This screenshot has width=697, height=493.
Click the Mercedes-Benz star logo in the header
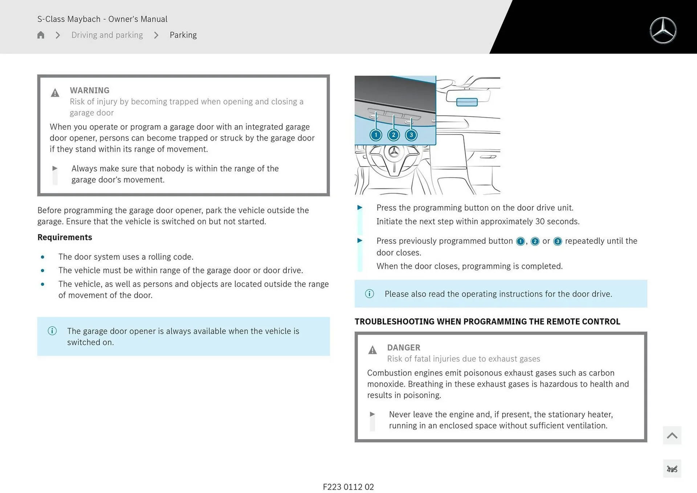pyautogui.click(x=663, y=30)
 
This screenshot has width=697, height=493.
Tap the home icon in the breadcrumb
pyautogui.click(x=41, y=35)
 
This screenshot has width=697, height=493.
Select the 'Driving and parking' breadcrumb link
pyautogui.click(x=107, y=35)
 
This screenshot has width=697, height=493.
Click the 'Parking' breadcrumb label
pyautogui.click(x=183, y=35)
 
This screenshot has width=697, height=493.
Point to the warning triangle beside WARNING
pyautogui.click(x=55, y=93)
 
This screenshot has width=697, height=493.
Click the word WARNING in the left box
pyautogui.click(x=89, y=90)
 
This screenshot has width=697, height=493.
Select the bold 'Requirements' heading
pyautogui.click(x=65, y=237)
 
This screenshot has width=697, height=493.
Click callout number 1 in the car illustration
pyautogui.click(x=376, y=135)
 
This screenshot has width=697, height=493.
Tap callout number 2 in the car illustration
pyautogui.click(x=394, y=135)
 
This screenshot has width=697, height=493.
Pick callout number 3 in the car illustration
pyautogui.click(x=411, y=135)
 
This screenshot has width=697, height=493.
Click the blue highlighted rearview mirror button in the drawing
pyautogui.click(x=466, y=102)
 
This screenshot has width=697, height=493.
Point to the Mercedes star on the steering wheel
pyautogui.click(x=394, y=152)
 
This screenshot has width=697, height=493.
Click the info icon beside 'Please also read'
pyautogui.click(x=369, y=294)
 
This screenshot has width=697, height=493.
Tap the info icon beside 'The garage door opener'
pyautogui.click(x=52, y=331)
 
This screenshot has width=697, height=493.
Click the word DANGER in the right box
pyautogui.click(x=403, y=347)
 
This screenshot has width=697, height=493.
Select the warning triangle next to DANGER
pyautogui.click(x=372, y=350)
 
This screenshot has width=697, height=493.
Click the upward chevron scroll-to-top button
pyautogui.click(x=672, y=435)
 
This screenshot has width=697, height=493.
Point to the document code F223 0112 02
pyautogui.click(x=348, y=487)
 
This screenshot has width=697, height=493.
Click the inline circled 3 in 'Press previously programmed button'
pyautogui.click(x=558, y=241)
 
